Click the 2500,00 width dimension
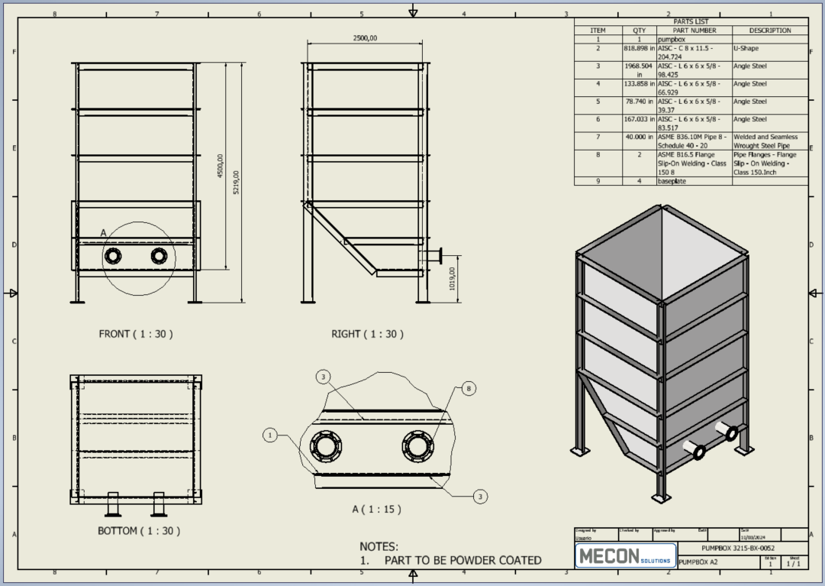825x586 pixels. [365, 38]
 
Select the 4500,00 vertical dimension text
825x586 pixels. [221, 167]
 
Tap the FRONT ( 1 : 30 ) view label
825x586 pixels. [136, 334]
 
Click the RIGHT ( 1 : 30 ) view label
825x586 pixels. [367, 334]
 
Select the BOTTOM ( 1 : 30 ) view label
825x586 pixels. [139, 530]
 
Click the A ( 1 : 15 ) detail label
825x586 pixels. [376, 509]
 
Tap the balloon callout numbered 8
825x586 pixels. [469, 389]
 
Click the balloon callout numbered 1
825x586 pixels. [269, 435]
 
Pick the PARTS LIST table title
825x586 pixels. [691, 21]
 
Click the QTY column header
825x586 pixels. [639, 31]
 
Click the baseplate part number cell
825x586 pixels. [672, 181]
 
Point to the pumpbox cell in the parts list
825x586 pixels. [672, 39]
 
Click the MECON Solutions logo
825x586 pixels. [625, 555]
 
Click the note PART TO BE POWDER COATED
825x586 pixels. [462, 561]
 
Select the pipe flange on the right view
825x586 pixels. [440, 255]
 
